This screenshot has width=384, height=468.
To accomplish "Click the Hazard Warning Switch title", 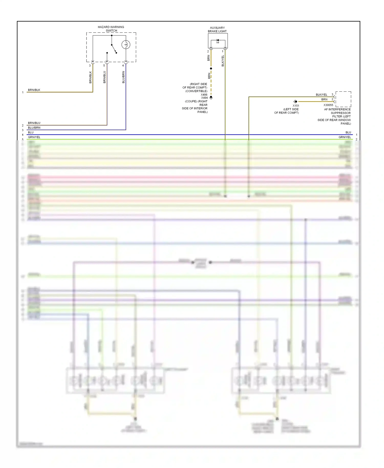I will pos(111,29).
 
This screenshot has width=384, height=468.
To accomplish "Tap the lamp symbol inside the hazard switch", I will pos(126,45).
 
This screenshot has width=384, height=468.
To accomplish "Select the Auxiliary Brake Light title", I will pos(217,29).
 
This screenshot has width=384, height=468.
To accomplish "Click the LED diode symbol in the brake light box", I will pos(218,40).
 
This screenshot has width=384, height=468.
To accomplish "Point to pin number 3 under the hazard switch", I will pos(90,66).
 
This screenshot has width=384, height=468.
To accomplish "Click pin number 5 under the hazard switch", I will pos(104,66).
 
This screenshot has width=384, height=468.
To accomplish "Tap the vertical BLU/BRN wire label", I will pos(123,77).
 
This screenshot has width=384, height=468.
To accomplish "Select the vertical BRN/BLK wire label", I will pos(90,77).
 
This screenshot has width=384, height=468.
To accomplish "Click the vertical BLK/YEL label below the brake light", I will pos(223,61).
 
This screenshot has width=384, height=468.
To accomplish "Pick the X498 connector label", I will pos(204,95).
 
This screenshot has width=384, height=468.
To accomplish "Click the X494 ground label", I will pos(204,98).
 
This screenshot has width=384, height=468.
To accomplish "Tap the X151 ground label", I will pos(296,106).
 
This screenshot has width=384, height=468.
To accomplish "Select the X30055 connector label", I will pos(328,105).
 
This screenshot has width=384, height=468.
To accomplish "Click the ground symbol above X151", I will pos(295,102).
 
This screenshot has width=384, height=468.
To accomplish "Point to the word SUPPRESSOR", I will pos(340,113).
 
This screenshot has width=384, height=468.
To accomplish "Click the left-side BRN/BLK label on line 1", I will pos(34,90).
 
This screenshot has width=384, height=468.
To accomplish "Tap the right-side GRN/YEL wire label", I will pos(345,137).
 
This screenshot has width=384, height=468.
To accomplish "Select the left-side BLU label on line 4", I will pos(31,132).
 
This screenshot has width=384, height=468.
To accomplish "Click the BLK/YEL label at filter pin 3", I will pos(321,95).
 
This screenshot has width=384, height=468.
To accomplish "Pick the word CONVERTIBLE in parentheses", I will pos(196,91).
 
